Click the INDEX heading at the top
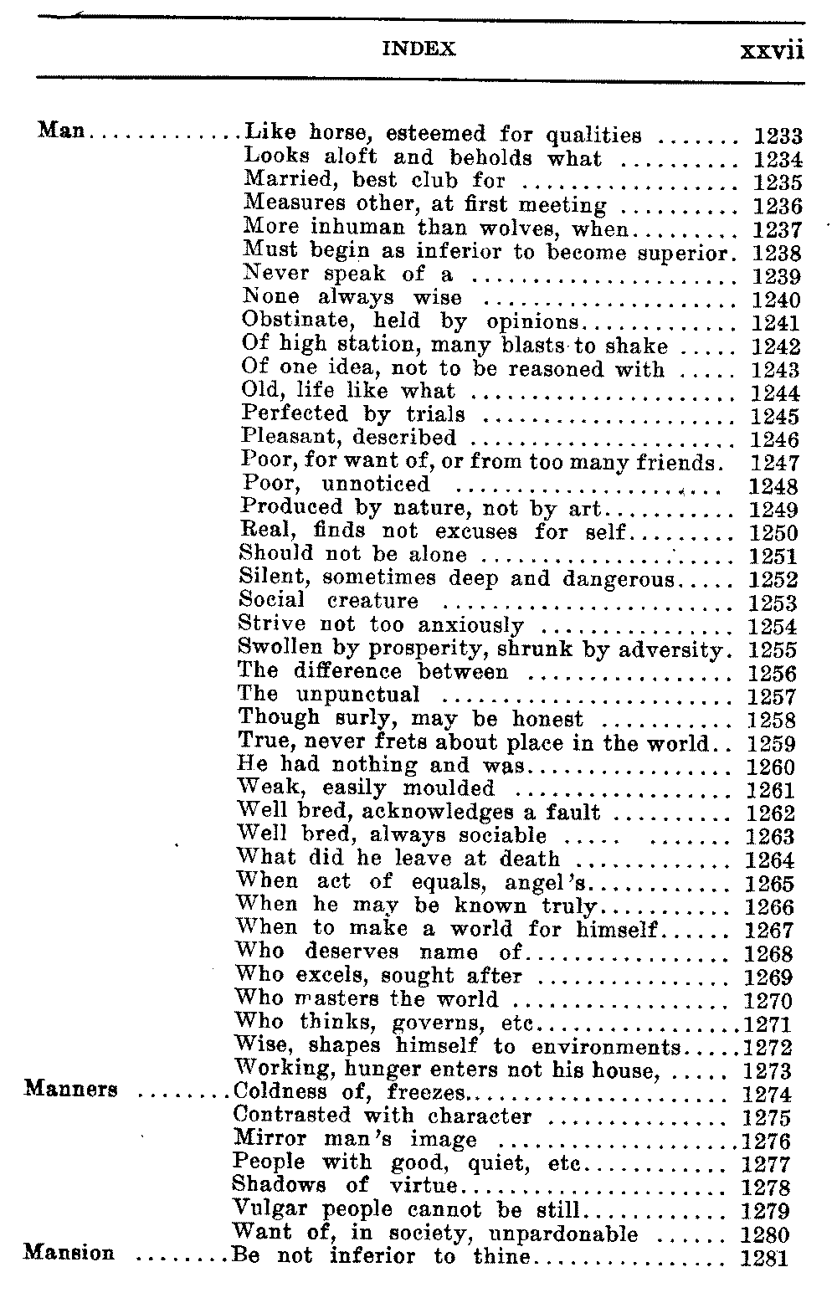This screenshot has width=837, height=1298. tap(418, 50)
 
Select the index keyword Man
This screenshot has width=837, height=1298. tap(64, 132)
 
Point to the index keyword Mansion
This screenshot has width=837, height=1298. tap(69, 1254)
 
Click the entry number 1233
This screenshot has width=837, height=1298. tap(778, 136)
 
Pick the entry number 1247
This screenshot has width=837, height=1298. tap(776, 463)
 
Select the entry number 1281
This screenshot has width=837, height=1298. tap(764, 1257)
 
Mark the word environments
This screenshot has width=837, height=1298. tap(604, 1047)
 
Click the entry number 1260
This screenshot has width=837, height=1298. tap(771, 767)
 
